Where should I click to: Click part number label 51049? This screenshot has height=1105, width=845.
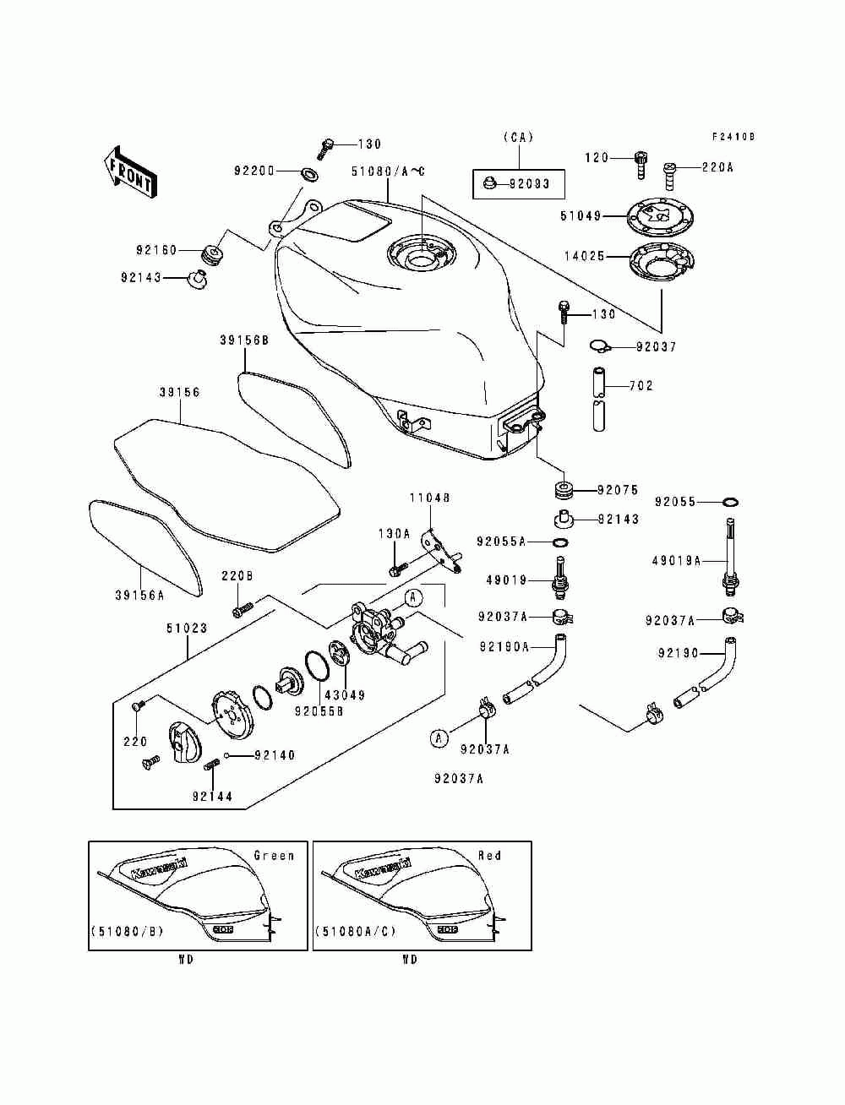[x=580, y=216]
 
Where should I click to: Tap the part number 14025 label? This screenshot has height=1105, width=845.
[x=585, y=256]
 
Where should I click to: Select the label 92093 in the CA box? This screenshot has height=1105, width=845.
[x=529, y=183]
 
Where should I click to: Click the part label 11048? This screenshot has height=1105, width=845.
[x=430, y=498]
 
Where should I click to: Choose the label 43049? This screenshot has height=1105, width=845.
[x=346, y=695]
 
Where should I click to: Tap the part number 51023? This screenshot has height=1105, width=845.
[x=186, y=629]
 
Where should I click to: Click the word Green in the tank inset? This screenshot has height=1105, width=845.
[x=274, y=856]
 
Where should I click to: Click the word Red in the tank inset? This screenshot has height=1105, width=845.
[x=490, y=856]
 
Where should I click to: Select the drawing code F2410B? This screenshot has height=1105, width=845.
[x=733, y=137]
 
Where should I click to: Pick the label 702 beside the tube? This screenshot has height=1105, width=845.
[x=641, y=386]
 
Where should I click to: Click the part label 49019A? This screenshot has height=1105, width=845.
[x=676, y=559]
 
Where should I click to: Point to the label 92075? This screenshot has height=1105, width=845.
[x=618, y=490]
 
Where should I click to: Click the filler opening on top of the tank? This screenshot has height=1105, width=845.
[x=420, y=254]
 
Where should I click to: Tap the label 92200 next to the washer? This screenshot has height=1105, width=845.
[x=254, y=171]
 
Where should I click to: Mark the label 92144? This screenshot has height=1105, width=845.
[x=212, y=796]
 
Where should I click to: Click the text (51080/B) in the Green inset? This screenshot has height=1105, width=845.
[x=127, y=932]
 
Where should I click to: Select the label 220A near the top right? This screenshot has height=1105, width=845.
[x=717, y=167]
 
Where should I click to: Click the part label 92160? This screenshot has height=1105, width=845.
[x=156, y=250]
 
